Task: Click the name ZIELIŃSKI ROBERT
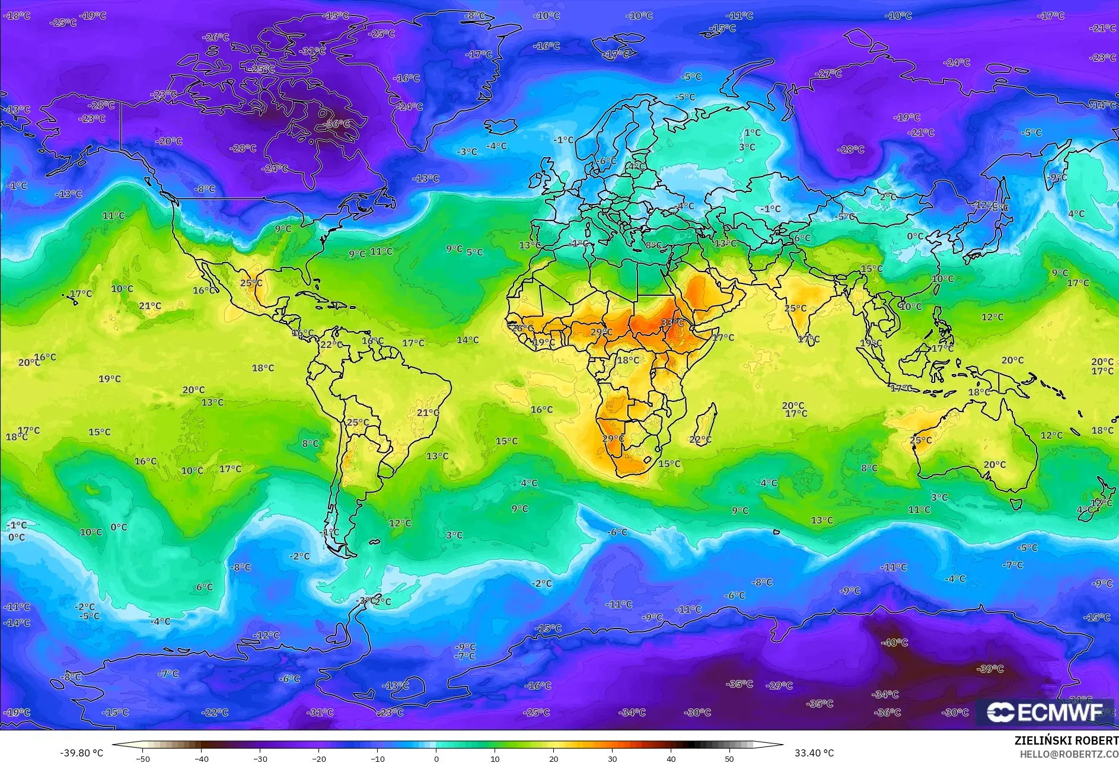click(x=1066, y=740)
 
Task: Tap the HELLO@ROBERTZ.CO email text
click(x=1069, y=754)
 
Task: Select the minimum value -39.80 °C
click(x=81, y=753)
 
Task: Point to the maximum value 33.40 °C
click(x=814, y=753)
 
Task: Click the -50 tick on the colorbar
click(x=142, y=758)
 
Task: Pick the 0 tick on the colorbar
click(x=436, y=758)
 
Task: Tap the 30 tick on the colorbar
click(x=613, y=758)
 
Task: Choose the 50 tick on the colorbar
click(x=729, y=758)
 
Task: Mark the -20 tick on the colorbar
click(x=319, y=758)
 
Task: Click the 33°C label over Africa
click(x=672, y=323)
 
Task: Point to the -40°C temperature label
click(x=894, y=643)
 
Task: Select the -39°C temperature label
click(x=990, y=669)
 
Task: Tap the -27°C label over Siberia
click(x=828, y=74)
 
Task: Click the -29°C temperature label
click(x=779, y=685)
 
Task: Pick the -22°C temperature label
click(x=215, y=712)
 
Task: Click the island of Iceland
click(x=500, y=126)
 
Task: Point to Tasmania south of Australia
click(x=1016, y=505)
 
